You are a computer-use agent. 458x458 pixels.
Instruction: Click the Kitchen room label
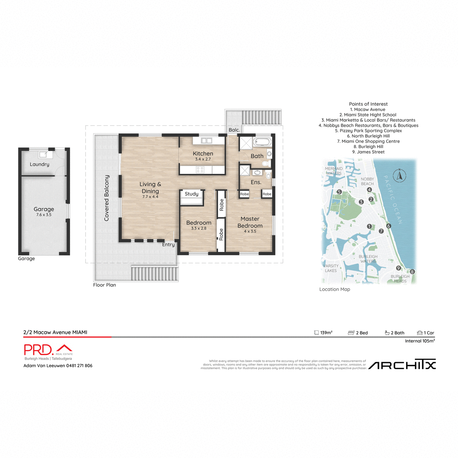[203, 153]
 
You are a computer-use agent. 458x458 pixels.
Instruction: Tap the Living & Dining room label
[150, 187]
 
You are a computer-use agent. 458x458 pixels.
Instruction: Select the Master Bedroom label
[250, 222]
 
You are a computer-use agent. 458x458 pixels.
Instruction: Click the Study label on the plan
[192, 194]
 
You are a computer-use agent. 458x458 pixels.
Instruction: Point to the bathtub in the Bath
[263, 142]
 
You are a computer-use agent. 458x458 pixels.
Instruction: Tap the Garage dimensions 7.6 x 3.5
[44, 215]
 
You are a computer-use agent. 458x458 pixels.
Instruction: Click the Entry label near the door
[168, 245]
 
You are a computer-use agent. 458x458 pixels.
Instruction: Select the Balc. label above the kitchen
[234, 130]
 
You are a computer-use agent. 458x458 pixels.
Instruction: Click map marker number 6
[389, 226]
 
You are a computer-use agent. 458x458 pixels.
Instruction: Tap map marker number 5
[339, 192]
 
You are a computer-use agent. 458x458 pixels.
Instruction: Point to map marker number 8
[412, 272]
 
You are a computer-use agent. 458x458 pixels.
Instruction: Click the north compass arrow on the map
[399, 176]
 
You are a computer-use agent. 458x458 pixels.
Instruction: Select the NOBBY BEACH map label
[367, 181]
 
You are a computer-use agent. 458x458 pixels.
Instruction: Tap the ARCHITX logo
[402, 365]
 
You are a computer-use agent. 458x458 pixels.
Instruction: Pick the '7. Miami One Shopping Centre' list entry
[368, 141]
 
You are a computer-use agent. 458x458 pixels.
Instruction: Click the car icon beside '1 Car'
[420, 333]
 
